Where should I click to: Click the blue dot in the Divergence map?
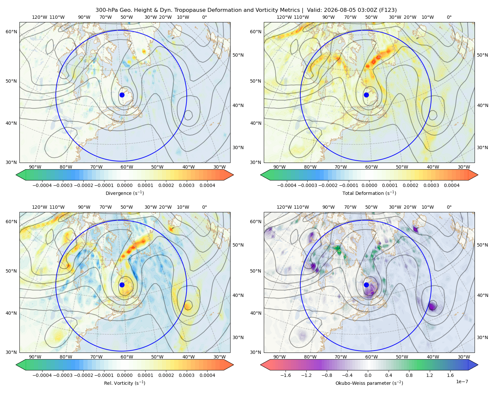pos(122,95)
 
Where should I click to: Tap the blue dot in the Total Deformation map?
pos(366,95)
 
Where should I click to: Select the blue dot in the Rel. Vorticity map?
pos(122,285)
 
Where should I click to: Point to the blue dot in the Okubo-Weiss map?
pos(366,285)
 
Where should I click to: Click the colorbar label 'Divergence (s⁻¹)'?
pos(124,193)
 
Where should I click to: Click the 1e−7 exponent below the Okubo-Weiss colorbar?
pos(462,382)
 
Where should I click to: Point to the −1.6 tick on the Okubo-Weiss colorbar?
pos(286,375)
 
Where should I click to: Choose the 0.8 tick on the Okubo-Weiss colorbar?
pos(409,375)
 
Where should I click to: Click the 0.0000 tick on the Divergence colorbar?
pos(124,185)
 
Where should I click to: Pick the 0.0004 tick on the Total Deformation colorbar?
pos(452,185)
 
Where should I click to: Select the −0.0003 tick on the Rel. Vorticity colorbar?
pos(63,375)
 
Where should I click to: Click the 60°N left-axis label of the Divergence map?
pos(11,32)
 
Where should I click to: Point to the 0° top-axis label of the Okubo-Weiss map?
pos(449,207)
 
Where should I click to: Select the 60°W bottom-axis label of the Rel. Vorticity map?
pos(127,357)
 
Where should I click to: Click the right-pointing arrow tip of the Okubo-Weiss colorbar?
pos(478,365)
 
